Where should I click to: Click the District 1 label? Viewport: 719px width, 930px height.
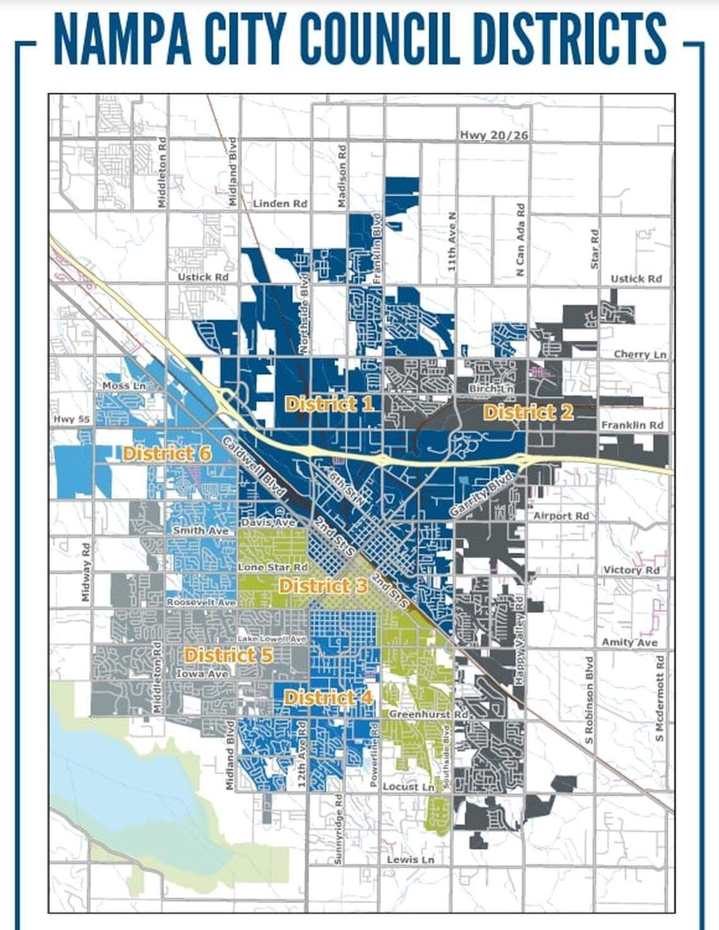coord(329,404)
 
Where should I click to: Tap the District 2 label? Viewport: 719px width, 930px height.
coord(528,413)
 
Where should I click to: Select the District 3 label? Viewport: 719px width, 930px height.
coord(323,586)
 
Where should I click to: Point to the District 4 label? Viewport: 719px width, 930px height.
coord(328,697)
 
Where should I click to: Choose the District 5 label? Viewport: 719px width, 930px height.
coord(228,655)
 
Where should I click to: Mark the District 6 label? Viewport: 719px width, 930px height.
coord(167,453)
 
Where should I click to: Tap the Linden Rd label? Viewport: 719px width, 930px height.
coord(280,203)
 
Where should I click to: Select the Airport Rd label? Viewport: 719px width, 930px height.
coord(561,515)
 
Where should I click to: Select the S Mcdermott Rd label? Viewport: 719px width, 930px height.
coord(660,698)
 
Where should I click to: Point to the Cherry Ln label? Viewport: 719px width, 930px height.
coord(640,355)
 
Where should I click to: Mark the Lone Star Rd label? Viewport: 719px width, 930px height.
coord(272,567)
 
